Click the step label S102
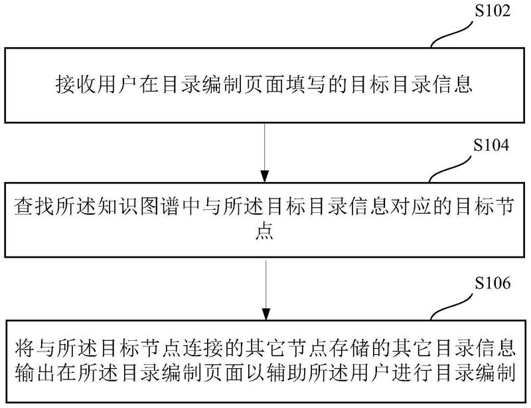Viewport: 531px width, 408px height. [492, 11]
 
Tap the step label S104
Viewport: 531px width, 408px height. [491, 145]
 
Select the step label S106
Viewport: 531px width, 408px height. [492, 283]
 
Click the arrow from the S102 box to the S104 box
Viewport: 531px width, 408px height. [264, 153]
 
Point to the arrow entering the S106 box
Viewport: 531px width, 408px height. [266, 290]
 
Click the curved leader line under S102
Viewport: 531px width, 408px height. [452, 34]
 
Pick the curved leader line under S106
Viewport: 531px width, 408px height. [452, 306]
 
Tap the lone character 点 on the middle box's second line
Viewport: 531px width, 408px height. [264, 232]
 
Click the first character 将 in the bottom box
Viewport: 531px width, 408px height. [24, 349]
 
